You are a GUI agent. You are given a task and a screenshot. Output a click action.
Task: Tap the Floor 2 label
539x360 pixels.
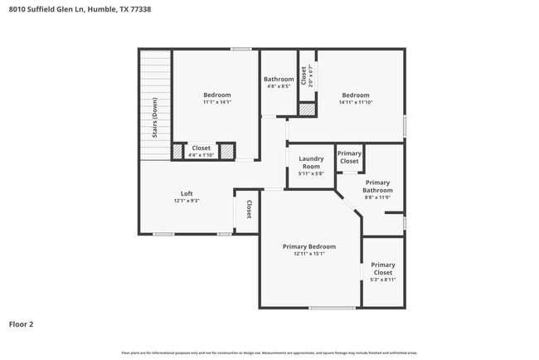click(x=21, y=324)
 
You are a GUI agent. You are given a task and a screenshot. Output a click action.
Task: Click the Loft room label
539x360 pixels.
click(x=187, y=193)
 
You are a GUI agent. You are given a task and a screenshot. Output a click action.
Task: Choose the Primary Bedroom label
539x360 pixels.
click(x=308, y=246)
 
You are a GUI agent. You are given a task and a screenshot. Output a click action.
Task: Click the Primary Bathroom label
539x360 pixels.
click(x=377, y=186)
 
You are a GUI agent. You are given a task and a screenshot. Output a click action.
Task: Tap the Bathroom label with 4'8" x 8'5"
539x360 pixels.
click(x=279, y=80)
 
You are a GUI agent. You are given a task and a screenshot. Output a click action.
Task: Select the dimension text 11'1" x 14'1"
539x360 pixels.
click(x=217, y=103)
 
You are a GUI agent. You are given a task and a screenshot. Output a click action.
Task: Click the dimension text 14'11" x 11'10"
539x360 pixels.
click(x=356, y=103)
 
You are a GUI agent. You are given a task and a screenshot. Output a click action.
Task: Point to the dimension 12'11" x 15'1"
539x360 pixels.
click(x=308, y=254)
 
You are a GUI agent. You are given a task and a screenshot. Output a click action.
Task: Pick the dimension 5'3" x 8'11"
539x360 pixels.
click(x=382, y=280)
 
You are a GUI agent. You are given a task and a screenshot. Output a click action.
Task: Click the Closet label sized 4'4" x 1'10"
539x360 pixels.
click(x=201, y=148)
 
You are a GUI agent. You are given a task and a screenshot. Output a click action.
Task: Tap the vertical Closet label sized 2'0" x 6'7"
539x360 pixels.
click(x=304, y=76)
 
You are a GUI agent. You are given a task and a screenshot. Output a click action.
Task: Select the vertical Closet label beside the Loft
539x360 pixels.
click(x=248, y=209)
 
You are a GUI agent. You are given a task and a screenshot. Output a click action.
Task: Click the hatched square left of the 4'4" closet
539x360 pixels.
click(x=177, y=151)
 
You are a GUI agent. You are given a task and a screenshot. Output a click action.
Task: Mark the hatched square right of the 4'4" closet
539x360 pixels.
click(x=226, y=151)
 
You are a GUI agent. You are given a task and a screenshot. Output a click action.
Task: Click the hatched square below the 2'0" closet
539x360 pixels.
click(x=307, y=109)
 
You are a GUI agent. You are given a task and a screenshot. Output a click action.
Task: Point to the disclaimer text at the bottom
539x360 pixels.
click(x=269, y=353)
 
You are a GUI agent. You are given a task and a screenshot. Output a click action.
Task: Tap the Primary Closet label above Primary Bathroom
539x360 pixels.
click(x=349, y=157)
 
